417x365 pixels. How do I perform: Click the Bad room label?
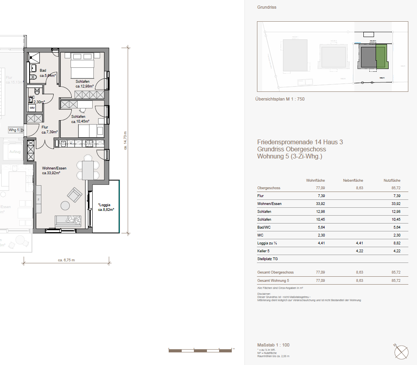click(43, 71)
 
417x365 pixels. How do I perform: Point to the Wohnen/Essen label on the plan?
click(54, 168)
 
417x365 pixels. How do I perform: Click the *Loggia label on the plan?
click(104, 205)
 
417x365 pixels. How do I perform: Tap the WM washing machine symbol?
click(32, 107)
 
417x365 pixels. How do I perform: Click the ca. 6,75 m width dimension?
click(66, 260)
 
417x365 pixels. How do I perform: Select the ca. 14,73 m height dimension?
click(125, 141)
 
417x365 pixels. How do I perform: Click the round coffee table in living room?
click(65, 205)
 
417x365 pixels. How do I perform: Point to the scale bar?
click(200, 350)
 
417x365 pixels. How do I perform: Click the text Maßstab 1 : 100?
click(273, 345)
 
